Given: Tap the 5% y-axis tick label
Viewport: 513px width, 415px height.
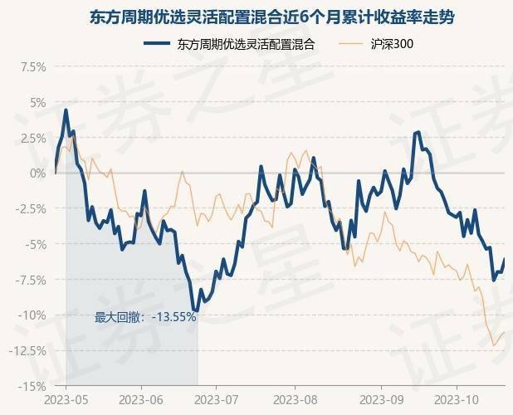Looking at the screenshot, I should click(x=37, y=102).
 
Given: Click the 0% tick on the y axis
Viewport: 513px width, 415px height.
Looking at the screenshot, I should click(x=37, y=173).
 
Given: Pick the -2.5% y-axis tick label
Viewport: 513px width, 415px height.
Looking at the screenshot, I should click(x=29, y=208).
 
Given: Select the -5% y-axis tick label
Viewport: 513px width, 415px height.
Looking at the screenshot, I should click(x=35, y=244).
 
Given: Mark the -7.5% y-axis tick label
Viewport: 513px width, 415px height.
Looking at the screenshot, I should click(x=29, y=280).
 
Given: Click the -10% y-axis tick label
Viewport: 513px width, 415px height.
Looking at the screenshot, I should click(x=32, y=315).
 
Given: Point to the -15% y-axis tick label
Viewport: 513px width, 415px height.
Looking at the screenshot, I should click(x=32, y=386).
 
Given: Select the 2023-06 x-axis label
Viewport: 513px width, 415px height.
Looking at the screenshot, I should click(x=141, y=399).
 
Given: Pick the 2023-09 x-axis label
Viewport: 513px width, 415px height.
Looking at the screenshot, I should click(x=381, y=399).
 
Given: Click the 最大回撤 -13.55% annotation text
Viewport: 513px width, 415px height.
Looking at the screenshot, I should click(x=145, y=316).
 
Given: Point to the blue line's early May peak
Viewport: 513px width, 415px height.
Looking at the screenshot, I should click(x=66, y=110).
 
